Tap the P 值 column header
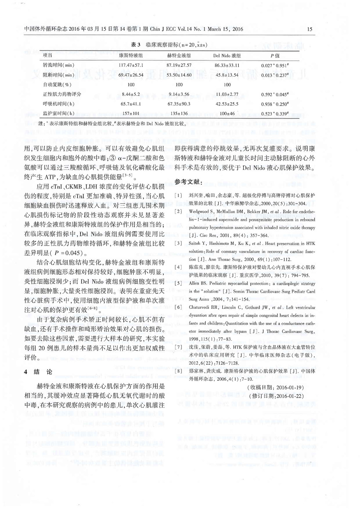[275, 55]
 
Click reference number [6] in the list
[181, 295]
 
